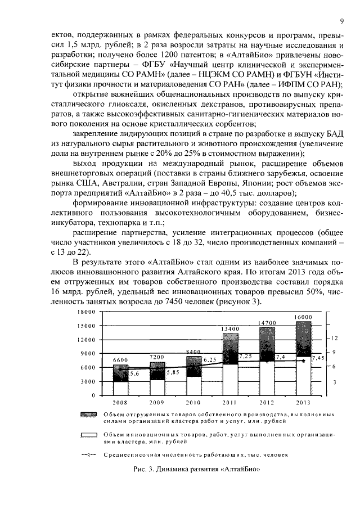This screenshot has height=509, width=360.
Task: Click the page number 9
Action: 341,21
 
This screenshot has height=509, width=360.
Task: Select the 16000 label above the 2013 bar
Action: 303,317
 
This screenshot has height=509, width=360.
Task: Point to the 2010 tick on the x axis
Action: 194,403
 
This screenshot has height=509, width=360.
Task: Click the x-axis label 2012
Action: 267,403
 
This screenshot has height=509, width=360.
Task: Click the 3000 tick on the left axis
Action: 88,382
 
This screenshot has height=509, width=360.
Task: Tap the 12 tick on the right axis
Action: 334,338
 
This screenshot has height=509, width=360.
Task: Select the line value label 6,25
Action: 210,359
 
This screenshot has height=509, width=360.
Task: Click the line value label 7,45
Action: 318,358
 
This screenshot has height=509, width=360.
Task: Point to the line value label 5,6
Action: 135,373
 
